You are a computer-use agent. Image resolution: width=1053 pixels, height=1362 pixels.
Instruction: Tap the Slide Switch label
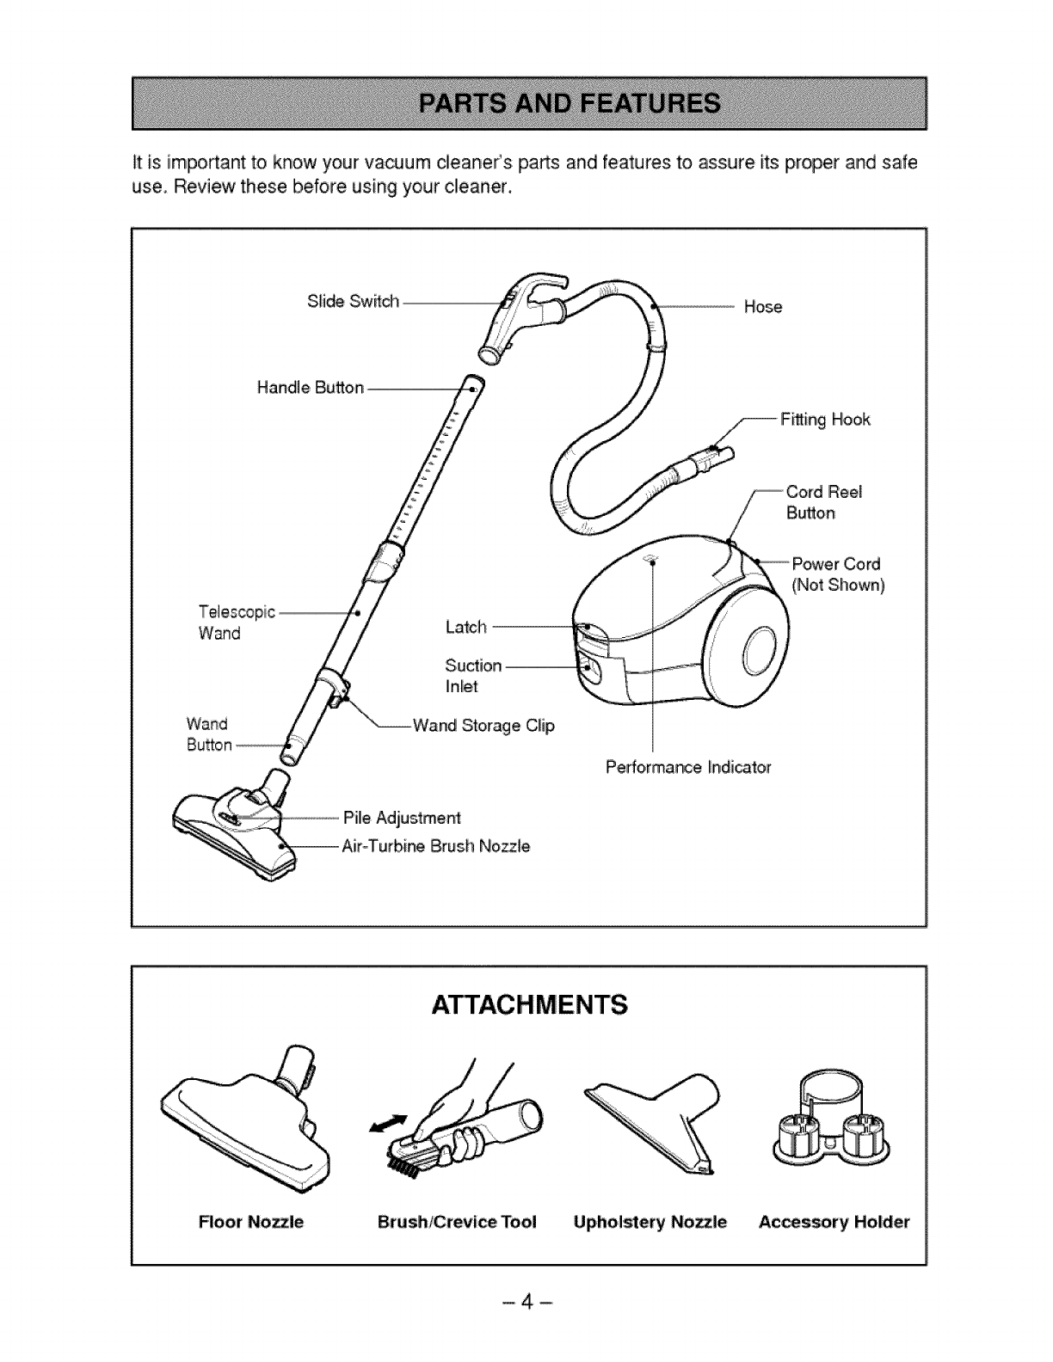click(353, 302)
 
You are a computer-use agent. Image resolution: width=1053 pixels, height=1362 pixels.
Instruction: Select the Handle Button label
click(311, 388)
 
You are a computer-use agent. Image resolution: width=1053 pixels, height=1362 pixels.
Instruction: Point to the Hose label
click(762, 307)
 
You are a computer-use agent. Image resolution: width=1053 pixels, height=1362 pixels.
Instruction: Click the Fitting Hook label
click(825, 420)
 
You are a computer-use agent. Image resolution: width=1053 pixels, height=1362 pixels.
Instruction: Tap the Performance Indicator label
click(688, 766)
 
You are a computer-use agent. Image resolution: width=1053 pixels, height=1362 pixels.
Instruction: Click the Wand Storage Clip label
click(483, 726)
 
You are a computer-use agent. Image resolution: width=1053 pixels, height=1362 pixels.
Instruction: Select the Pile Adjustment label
click(402, 817)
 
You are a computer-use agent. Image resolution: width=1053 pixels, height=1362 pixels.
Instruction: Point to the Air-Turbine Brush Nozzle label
click(436, 846)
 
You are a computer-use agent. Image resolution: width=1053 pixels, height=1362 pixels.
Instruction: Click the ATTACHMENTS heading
click(528, 1004)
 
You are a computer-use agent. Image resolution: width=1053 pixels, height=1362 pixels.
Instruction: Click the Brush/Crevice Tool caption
click(457, 1222)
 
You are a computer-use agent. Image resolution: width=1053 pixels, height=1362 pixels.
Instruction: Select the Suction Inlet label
click(472, 676)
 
